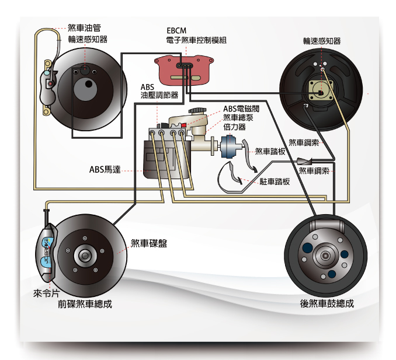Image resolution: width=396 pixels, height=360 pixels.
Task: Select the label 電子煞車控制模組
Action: point(196,40)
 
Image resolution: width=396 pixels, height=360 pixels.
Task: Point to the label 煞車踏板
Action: point(270,151)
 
